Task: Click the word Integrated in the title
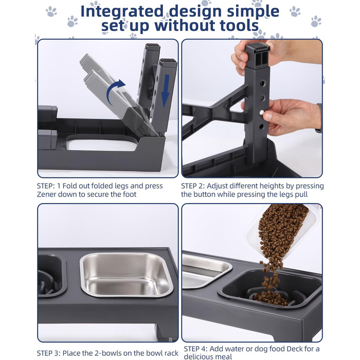click(122, 11)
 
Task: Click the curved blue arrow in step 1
click(116, 92)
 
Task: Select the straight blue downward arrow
click(165, 91)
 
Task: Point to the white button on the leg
click(261, 113)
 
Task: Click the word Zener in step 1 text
click(45, 194)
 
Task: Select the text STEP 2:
click(193, 186)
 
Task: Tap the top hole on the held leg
click(262, 83)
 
